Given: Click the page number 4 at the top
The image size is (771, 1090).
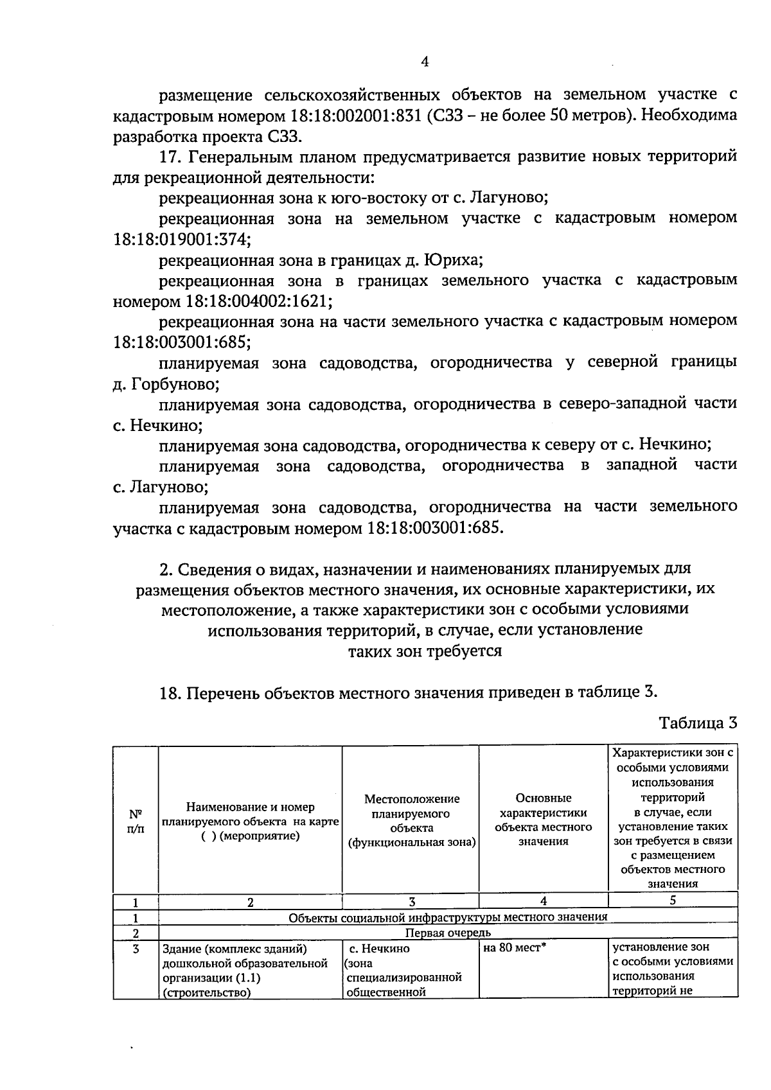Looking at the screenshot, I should [x=424, y=62].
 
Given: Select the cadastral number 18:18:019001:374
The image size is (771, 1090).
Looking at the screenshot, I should [x=182, y=240].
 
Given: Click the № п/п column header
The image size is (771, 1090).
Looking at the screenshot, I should [x=136, y=821].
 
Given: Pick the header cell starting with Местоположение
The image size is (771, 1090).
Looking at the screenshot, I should [x=411, y=821].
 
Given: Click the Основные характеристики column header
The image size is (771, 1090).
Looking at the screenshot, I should [x=543, y=820].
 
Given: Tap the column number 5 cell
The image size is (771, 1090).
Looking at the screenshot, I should [x=672, y=900].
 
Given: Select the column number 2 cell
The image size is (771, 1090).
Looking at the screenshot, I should [x=250, y=902].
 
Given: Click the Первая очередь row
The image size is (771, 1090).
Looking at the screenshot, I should [x=447, y=933].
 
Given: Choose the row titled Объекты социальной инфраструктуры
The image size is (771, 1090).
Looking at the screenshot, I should [x=447, y=917].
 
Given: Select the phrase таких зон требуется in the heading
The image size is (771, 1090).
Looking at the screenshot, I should [x=424, y=651].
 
